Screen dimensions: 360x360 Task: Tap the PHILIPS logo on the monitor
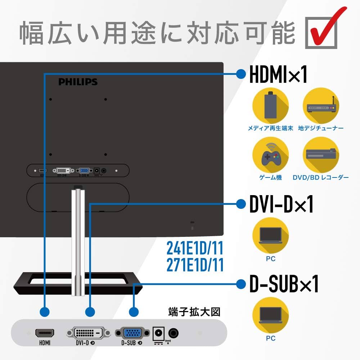(x=78, y=82)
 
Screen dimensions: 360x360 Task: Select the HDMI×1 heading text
(x=278, y=74)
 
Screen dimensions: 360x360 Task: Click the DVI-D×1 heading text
(x=281, y=204)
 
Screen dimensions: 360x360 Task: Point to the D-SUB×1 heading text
(x=284, y=284)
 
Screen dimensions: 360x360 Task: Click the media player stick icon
(x=270, y=106)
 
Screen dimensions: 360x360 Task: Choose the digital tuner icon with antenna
(x=321, y=106)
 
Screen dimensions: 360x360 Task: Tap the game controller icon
(x=270, y=156)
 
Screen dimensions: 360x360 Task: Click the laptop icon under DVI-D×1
(x=270, y=236)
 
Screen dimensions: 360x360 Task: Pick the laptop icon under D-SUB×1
(x=270, y=315)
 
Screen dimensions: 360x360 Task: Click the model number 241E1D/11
(x=195, y=248)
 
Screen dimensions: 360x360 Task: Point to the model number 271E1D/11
(x=195, y=265)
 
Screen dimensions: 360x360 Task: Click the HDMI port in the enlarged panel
(x=45, y=333)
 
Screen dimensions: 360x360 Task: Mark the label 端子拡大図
(x=194, y=311)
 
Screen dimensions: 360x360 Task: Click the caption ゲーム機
(x=270, y=177)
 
